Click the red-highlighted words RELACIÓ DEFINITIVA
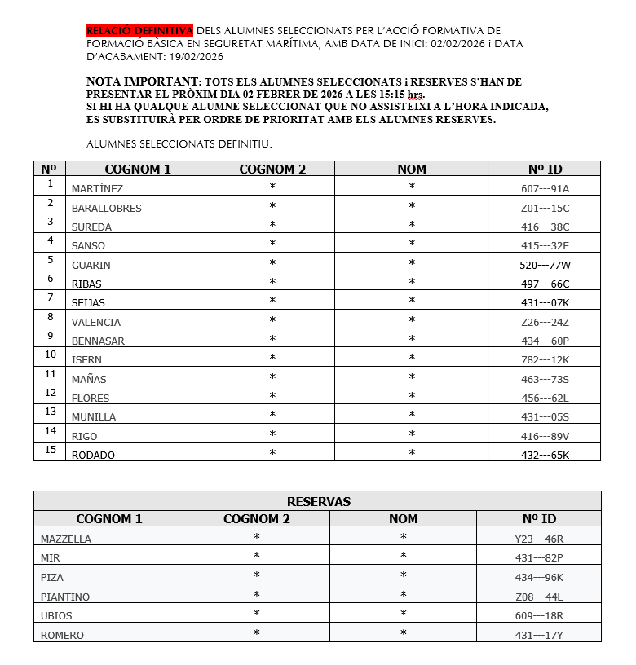click(139, 30)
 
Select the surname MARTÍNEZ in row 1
click(97, 189)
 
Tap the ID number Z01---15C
click(545, 208)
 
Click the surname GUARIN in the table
click(91, 265)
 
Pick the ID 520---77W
click(545, 265)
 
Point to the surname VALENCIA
click(95, 322)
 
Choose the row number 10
click(51, 355)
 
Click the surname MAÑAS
click(89, 379)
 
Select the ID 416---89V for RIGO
click(545, 436)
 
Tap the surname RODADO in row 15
click(93, 455)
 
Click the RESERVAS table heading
click(318, 501)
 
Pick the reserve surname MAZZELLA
click(66, 539)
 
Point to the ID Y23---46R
click(538, 539)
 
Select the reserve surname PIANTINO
click(65, 597)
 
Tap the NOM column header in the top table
click(412, 170)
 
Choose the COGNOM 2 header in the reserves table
click(256, 518)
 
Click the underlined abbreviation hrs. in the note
click(415, 95)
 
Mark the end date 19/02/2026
click(197, 56)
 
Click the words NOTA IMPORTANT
click(143, 82)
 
